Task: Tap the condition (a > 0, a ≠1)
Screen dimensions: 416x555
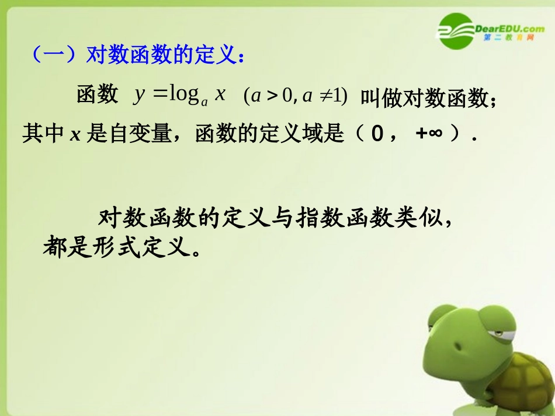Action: pos(296,96)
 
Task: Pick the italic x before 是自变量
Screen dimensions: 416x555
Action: pos(75,135)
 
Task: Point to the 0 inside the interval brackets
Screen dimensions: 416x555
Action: pos(377,134)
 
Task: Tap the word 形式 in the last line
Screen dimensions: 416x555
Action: pos(116,248)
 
